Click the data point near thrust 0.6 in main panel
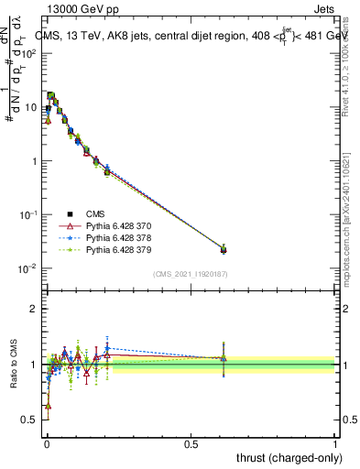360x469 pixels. [x=224, y=249]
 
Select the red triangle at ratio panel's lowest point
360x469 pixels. [x=48, y=405]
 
